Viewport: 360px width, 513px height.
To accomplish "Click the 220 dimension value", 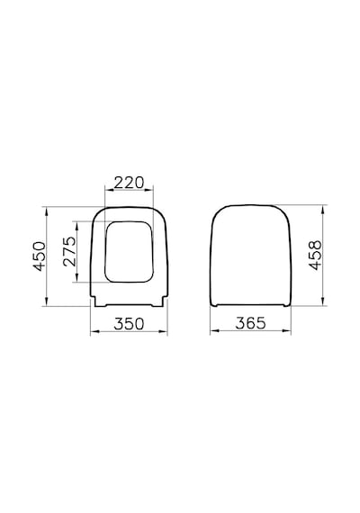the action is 129,183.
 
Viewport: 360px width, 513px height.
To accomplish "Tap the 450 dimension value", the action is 40,256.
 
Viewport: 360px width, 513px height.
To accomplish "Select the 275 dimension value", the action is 69,251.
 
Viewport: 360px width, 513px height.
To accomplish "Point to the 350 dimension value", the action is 129,324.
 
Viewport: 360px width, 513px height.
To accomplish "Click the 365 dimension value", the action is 251,323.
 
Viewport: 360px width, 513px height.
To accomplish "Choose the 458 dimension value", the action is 316,256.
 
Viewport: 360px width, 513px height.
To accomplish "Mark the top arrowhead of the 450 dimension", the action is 47,211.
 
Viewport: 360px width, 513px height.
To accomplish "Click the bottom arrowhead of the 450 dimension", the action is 47,301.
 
